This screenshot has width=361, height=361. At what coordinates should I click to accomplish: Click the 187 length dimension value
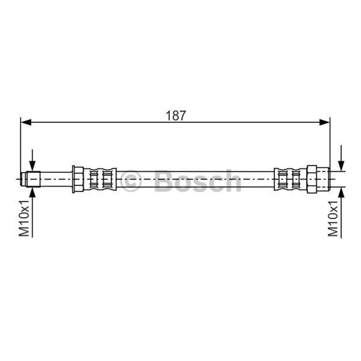175,116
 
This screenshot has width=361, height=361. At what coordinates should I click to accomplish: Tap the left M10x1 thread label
24,218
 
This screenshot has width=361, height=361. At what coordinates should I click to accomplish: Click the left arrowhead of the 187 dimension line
26,122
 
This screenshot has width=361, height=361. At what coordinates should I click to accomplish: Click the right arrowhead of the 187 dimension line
325,122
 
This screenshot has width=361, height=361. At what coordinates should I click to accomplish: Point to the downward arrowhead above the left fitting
32,166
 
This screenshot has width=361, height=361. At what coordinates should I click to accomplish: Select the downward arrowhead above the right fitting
341,166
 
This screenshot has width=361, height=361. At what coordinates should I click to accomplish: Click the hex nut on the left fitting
78,179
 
